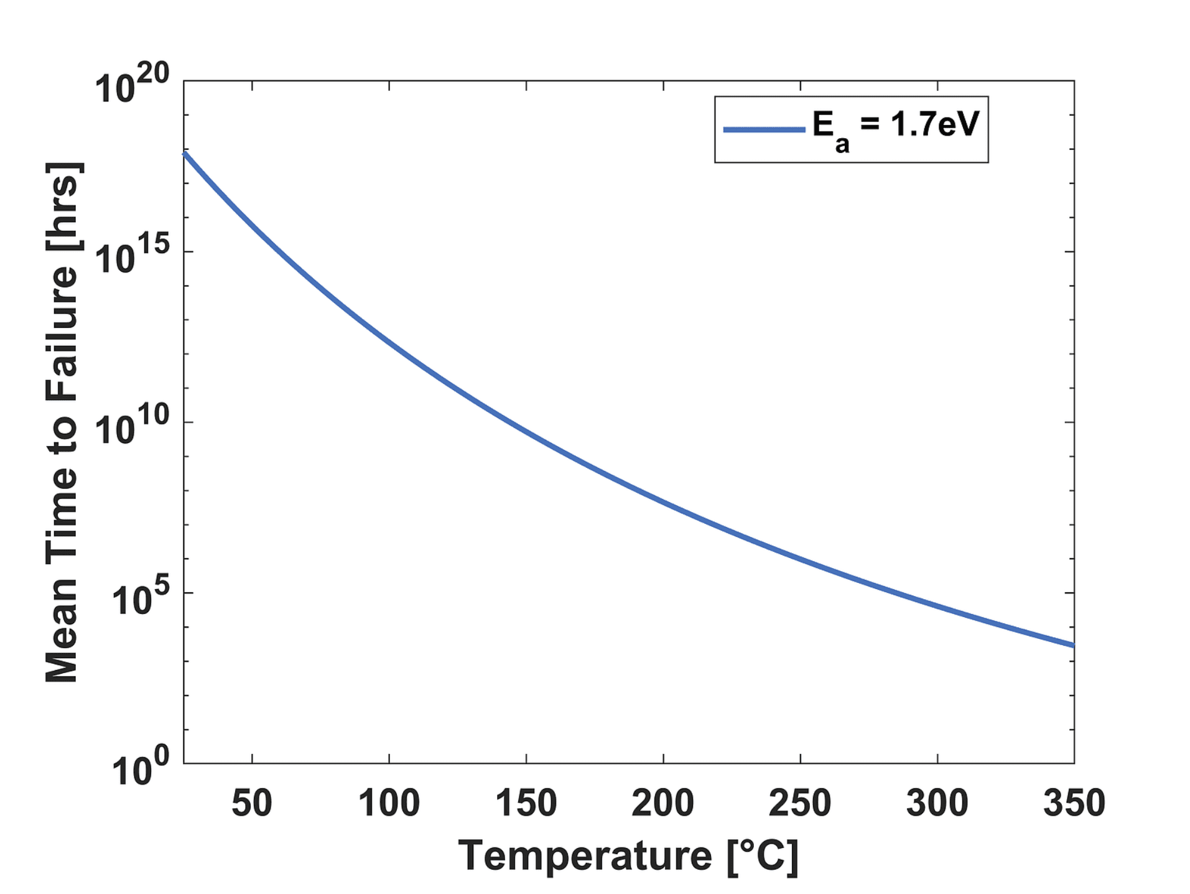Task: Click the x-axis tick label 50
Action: (251, 803)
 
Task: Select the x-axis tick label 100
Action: (389, 803)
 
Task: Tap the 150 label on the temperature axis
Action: (526, 803)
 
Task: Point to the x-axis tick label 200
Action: (662, 803)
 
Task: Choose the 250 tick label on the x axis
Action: (799, 803)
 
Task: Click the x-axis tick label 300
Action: (937, 803)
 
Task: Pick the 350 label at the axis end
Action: (1074, 803)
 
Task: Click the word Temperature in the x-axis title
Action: (585, 856)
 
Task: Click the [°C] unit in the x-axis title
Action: (762, 857)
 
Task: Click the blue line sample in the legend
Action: (764, 129)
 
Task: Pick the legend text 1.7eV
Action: (934, 124)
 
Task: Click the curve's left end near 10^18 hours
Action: (185, 154)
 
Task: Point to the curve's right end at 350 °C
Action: (1071, 645)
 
